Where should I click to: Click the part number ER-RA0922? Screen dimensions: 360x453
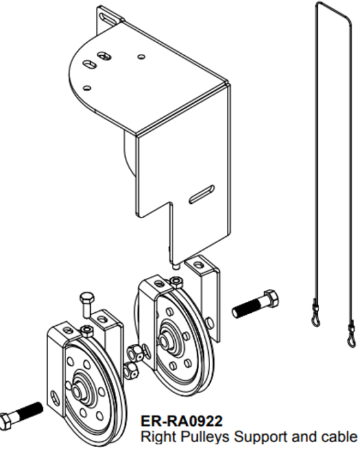point(182,421)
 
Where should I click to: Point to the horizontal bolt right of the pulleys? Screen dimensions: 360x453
point(256,304)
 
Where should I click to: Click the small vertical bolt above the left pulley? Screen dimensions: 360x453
point(85,304)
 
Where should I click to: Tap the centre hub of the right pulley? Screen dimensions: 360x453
point(165,341)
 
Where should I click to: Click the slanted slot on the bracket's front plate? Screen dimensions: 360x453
point(202,194)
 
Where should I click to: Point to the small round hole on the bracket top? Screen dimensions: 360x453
point(141,56)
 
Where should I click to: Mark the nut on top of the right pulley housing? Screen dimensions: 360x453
point(175,282)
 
